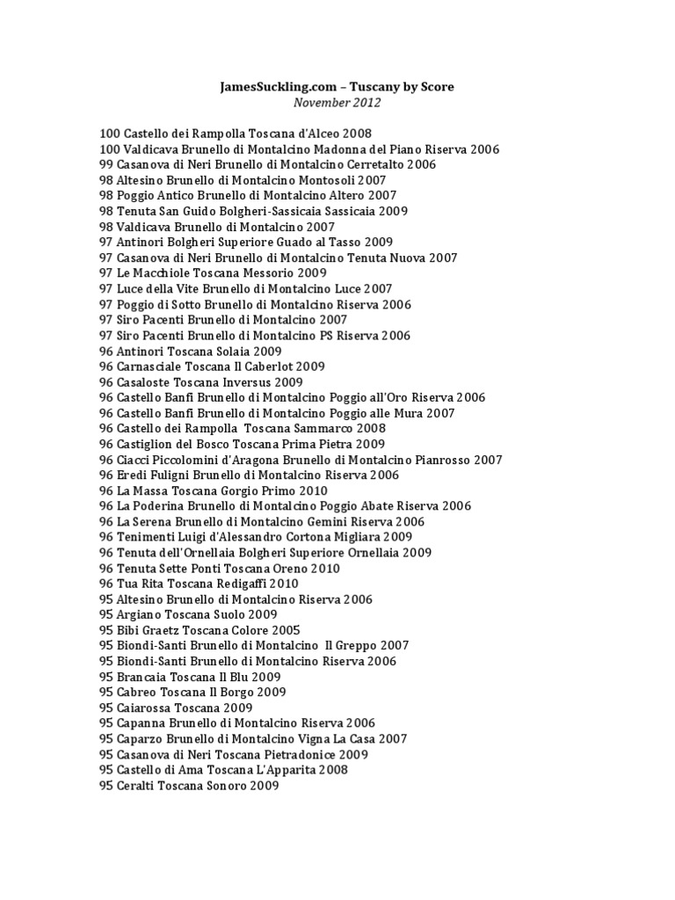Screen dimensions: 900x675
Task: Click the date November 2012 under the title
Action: [337, 103]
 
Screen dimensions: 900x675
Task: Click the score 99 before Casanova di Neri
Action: [107, 164]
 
